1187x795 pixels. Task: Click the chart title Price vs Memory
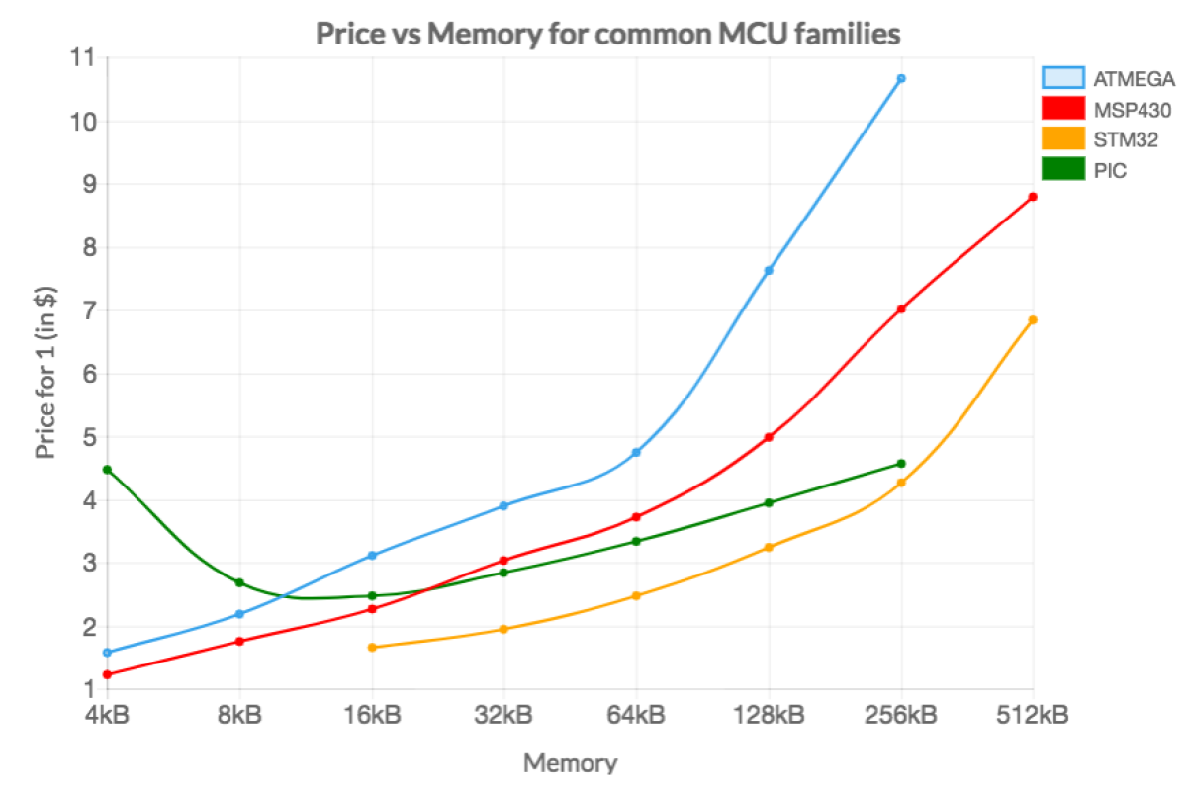coord(607,35)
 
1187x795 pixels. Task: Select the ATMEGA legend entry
coord(1108,78)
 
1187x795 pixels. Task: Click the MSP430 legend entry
coord(1108,109)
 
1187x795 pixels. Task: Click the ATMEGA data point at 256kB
coord(901,78)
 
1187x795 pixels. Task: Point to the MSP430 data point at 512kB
coord(1033,197)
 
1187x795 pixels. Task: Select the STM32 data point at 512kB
coord(1033,319)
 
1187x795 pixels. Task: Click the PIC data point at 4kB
coord(107,470)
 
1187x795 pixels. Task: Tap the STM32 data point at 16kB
coord(372,647)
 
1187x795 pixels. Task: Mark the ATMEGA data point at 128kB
coord(769,270)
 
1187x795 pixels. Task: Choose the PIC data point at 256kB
coord(901,463)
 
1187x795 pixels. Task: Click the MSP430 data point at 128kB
coord(769,437)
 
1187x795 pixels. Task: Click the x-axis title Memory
coord(570,763)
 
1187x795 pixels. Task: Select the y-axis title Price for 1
coord(45,374)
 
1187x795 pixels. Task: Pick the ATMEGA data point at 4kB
coord(107,652)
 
